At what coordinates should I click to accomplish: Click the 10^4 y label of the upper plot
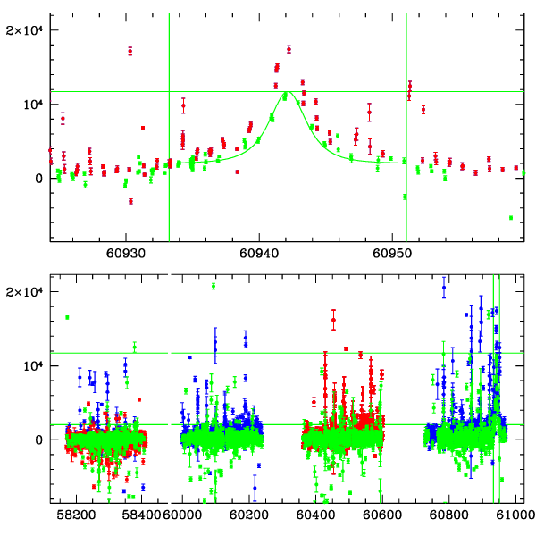tap(29, 104)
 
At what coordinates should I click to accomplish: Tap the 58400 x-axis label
tap(143, 515)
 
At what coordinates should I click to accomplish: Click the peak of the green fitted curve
tap(286, 93)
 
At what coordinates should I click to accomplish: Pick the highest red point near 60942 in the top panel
tap(289, 49)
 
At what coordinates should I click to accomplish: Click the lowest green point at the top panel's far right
tap(511, 218)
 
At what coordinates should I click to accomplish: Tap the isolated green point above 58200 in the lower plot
tap(67, 317)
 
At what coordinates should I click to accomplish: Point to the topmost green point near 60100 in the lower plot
tap(214, 286)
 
